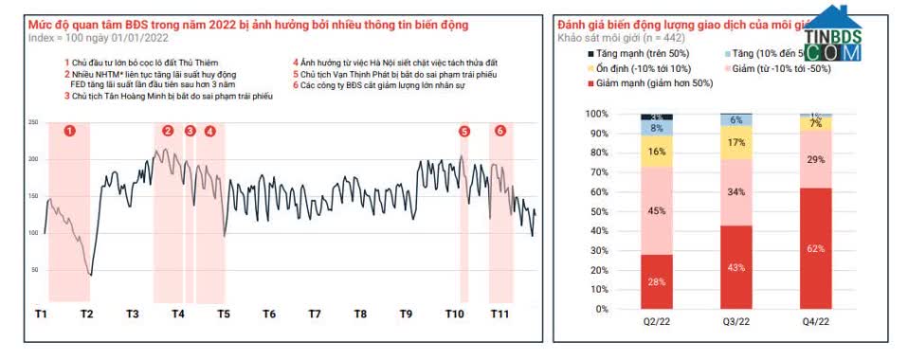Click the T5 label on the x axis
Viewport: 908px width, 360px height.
224,313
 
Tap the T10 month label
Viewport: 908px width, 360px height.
455,313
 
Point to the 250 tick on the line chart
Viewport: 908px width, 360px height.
33,123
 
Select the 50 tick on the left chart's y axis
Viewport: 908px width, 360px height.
35,270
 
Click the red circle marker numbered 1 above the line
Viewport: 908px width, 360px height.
69,131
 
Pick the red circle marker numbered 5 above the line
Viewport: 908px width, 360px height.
464,131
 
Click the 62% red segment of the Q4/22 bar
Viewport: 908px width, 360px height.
815,248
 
